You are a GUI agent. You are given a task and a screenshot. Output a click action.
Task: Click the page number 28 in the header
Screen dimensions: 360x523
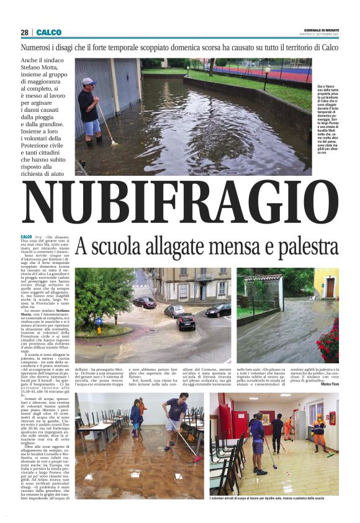tap(24, 32)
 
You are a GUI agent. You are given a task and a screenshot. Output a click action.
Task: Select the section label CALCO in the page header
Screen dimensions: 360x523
tap(48, 32)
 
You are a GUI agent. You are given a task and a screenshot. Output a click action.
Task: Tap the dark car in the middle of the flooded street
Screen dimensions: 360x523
tap(186, 321)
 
